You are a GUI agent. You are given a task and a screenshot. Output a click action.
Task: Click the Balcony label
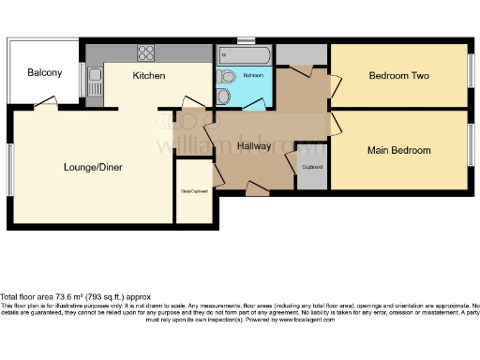(x=44, y=73)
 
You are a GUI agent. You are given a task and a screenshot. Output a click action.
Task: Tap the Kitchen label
(x=149, y=75)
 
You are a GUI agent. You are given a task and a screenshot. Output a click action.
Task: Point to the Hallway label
(x=254, y=146)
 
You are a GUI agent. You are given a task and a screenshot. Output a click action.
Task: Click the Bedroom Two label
(x=398, y=76)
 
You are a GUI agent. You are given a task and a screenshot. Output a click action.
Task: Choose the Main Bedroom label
(x=398, y=150)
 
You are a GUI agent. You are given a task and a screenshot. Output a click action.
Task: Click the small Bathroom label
(x=253, y=75)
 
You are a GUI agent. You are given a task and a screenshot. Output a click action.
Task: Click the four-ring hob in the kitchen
(x=147, y=52)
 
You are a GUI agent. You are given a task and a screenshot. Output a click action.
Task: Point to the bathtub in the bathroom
(x=244, y=56)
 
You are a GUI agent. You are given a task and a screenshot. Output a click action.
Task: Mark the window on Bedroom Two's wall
(x=471, y=75)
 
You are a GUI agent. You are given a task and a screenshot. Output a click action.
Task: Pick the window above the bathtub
(x=246, y=40)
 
